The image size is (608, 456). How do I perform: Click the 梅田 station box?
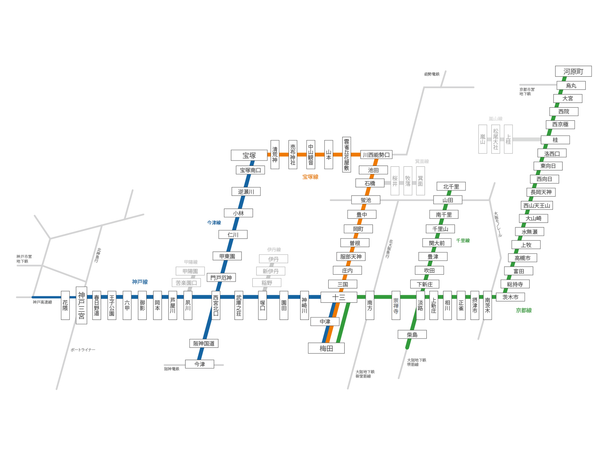tap(326, 348)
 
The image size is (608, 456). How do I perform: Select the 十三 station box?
tap(338, 297)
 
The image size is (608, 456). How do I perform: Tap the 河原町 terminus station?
tap(573, 72)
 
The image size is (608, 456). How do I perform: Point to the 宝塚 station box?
tap(249, 155)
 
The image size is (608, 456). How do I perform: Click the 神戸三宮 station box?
tap(81, 305)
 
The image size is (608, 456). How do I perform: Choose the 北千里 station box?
tap(451, 186)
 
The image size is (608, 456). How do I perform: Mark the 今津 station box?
tap(200, 364)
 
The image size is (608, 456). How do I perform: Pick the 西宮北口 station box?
tap(216, 305)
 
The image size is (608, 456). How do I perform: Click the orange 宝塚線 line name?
tap(310, 177)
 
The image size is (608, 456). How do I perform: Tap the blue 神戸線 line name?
tap(140, 282)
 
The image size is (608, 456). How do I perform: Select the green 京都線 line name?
tap(524, 310)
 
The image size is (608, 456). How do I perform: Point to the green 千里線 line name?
tap(463, 241)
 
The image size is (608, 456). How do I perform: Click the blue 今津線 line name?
tap(214, 223)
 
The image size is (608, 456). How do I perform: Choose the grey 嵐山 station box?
tap(483, 139)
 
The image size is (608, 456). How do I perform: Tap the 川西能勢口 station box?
tap(376, 155)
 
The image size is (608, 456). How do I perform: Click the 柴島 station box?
tap(412, 335)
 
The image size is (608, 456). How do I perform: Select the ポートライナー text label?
tap(83, 350)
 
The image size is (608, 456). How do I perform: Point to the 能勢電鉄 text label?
tap(432, 74)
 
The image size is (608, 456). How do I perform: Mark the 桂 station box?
tap(555, 140)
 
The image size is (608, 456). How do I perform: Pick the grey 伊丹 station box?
tap(273, 259)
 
